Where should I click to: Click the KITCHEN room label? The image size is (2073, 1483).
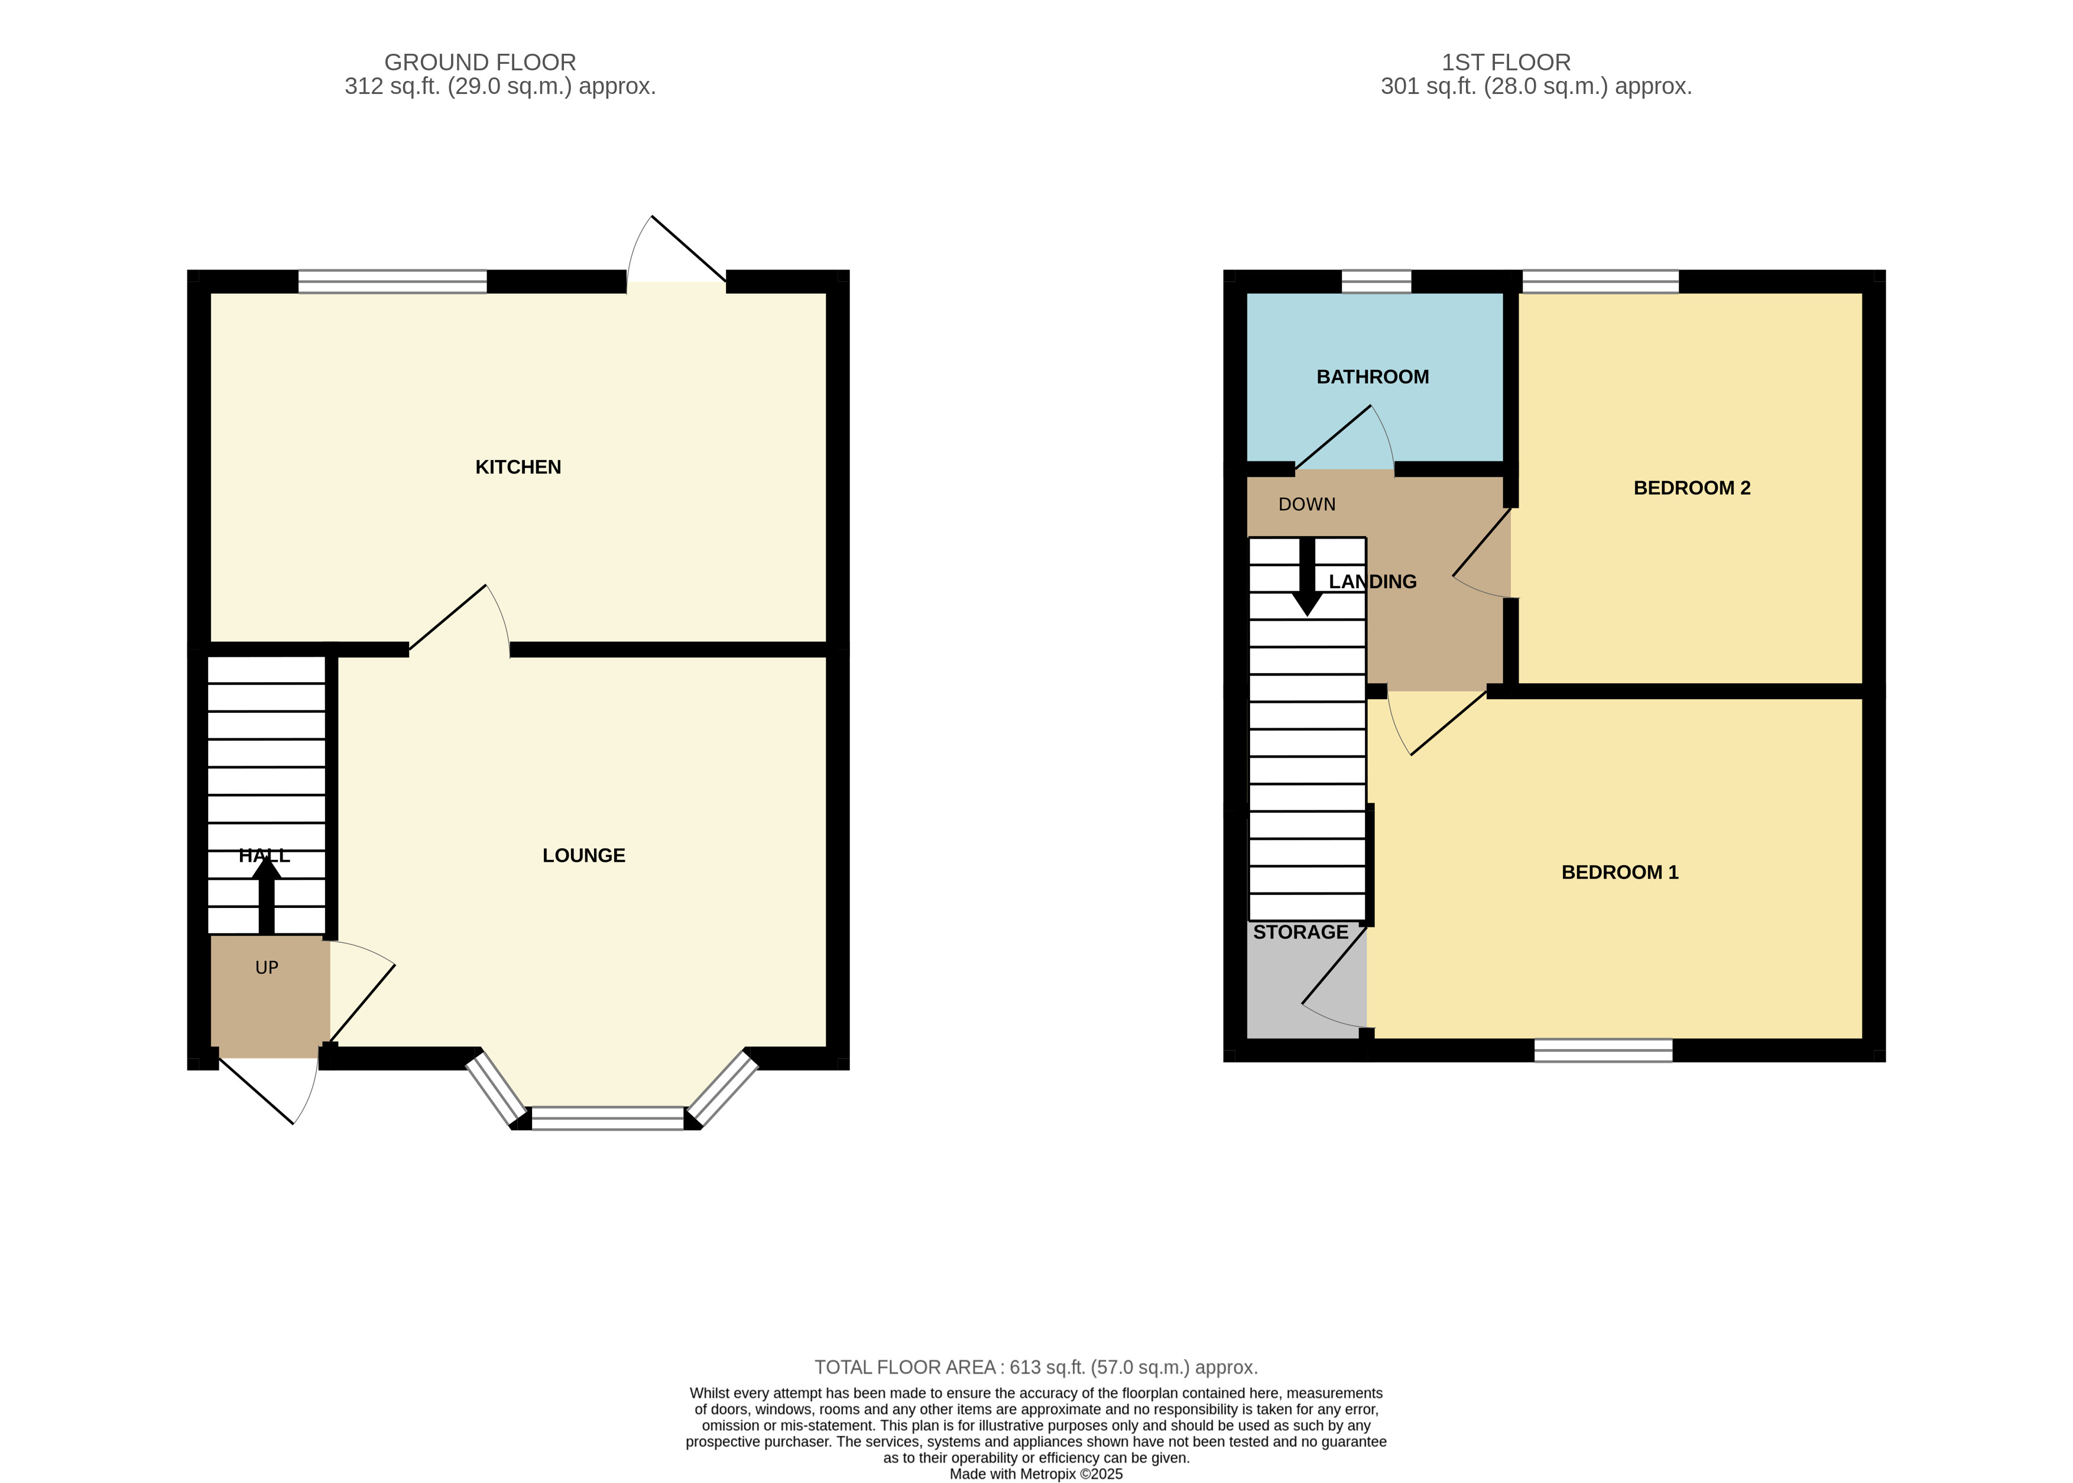point(518,466)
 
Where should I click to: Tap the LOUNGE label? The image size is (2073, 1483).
point(583,855)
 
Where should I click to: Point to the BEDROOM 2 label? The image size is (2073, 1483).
point(1691,488)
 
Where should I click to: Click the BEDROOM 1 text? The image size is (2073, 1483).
point(1619,872)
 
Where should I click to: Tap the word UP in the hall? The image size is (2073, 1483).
point(267,967)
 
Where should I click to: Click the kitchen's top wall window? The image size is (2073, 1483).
point(392,281)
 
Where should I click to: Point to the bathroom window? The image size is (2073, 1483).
point(1375,281)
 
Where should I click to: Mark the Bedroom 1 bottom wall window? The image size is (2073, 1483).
point(1602,1050)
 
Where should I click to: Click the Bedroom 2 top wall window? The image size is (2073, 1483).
point(1600,281)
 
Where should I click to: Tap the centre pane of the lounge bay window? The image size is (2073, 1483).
point(607,1118)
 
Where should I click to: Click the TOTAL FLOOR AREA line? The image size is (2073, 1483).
point(1036,1367)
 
